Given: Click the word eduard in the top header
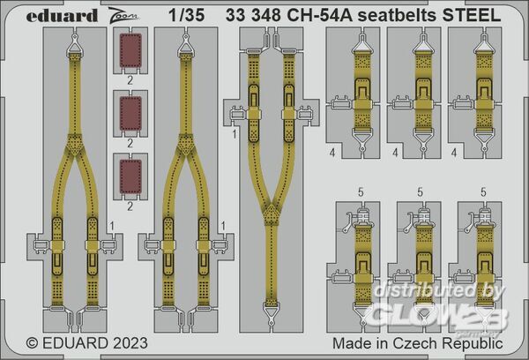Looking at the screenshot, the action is click(62, 15).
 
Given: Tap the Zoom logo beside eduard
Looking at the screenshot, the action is click(123, 16).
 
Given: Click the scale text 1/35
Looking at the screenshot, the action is click(187, 15).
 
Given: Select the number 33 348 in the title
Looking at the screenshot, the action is click(253, 15).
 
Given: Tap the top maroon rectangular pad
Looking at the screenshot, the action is click(130, 50).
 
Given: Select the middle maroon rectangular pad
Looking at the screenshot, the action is click(130, 114).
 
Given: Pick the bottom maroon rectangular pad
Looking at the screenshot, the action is click(130, 176).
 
